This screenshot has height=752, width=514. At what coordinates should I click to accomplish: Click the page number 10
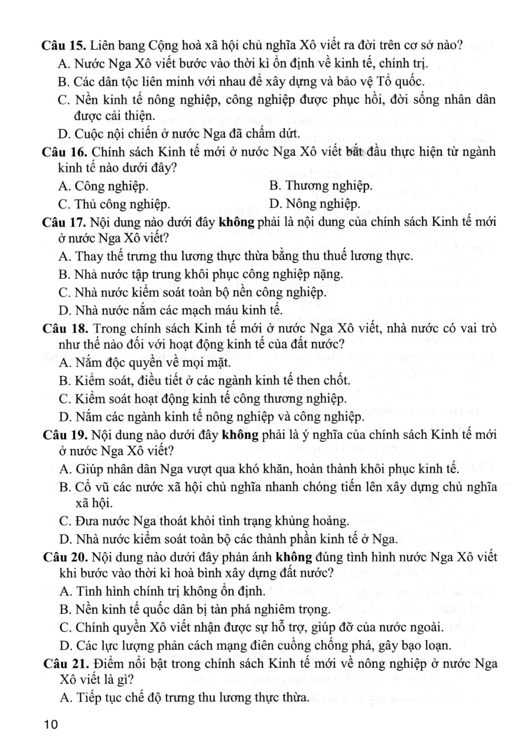click(51, 724)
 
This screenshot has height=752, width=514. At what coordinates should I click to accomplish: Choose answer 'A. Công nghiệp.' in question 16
click(103, 186)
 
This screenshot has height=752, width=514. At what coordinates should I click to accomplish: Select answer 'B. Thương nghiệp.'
click(320, 186)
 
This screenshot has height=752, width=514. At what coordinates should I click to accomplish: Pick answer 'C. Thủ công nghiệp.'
click(114, 204)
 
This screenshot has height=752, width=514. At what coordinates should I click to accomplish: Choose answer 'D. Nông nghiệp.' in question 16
click(314, 204)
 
